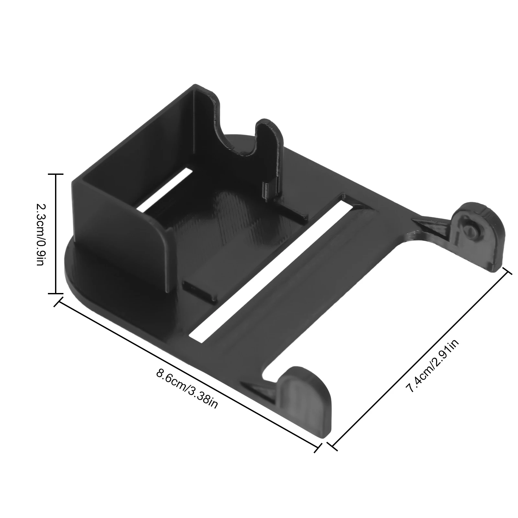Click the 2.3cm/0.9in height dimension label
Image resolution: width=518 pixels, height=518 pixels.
point(39,234)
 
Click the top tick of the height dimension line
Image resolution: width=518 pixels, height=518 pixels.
point(56,174)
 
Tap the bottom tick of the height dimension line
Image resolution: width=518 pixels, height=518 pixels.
point(56,293)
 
